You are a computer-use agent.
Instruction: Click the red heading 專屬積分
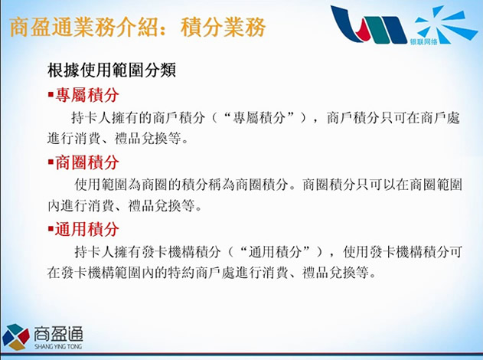coord(87,95)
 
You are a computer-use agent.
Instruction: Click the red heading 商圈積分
coord(87,162)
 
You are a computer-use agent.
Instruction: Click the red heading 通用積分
coord(87,229)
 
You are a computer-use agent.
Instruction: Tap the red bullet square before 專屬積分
coord(51,93)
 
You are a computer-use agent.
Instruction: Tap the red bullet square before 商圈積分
coord(51,161)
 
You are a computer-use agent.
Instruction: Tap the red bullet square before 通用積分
coord(51,228)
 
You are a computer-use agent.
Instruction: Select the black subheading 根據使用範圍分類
coord(112,70)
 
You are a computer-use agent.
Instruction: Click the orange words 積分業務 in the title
coord(223,27)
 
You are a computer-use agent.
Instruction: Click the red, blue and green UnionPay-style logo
coord(368,25)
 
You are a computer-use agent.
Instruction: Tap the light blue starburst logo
coord(445,24)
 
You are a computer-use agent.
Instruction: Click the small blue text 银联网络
coord(423,41)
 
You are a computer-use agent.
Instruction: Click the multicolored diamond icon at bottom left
coord(15,337)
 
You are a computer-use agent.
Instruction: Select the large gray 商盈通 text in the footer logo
coord(58,334)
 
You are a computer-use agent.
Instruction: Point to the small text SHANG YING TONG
coord(58,346)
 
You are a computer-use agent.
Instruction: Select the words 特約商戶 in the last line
coord(194,273)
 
